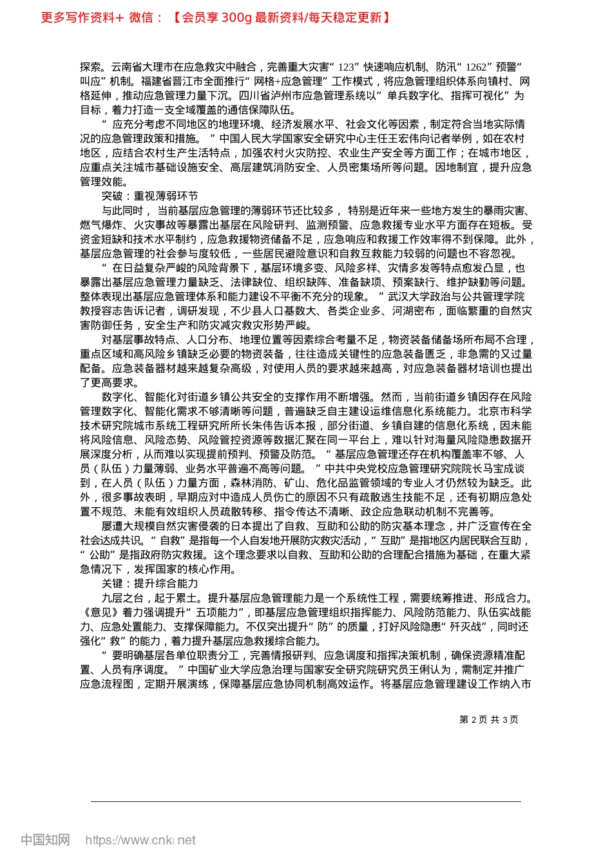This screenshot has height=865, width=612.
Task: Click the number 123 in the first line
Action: [346, 67]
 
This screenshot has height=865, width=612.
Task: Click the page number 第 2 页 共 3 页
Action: [488, 720]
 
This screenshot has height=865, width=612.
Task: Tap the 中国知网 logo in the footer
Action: [45, 840]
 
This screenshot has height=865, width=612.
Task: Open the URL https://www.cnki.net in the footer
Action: [140, 840]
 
